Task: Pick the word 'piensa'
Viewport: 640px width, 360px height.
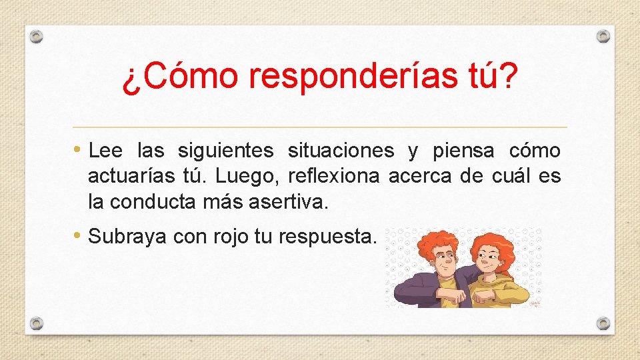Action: pyautogui.click(x=463, y=152)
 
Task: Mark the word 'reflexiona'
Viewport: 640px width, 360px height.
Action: pyautogui.click(x=334, y=177)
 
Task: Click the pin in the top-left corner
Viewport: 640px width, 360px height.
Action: pyautogui.click(x=37, y=36)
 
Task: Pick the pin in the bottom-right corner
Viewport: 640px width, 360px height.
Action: pyautogui.click(x=603, y=323)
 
